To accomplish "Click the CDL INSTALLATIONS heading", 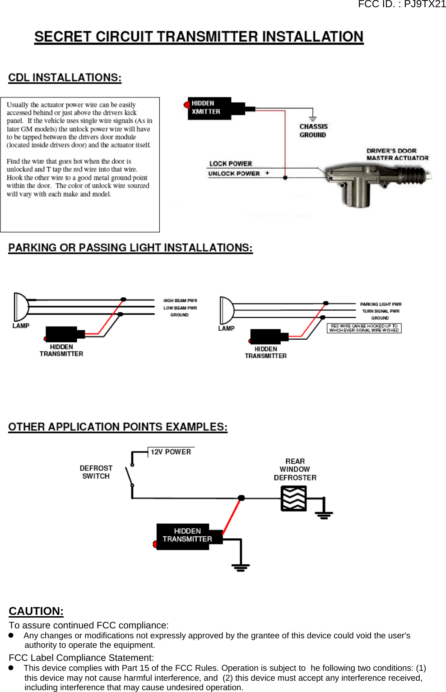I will pos(65,78).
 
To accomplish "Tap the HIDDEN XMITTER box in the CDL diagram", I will pos(209,108).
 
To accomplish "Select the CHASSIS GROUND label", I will pos(313,130).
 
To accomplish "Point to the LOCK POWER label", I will pos(230,163).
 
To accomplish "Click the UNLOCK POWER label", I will pos(234,173).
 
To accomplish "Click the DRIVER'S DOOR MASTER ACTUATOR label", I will pos(397,154).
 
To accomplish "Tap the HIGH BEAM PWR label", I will pos(180,300).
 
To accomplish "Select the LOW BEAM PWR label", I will pos(180,308).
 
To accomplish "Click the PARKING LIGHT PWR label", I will pos(381,304).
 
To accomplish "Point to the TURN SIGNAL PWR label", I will pos(381,311).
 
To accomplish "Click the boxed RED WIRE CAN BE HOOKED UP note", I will pos(364,328).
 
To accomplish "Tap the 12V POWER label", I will pos(171,452).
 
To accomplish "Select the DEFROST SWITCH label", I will pos(96,472).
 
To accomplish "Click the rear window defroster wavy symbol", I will pos(293,498).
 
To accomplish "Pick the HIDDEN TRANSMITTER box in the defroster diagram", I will pos(187,535).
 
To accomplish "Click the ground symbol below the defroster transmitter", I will pos(241,567).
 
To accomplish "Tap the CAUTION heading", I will pos(36,611).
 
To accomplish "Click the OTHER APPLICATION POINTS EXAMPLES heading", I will pos(118,427).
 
